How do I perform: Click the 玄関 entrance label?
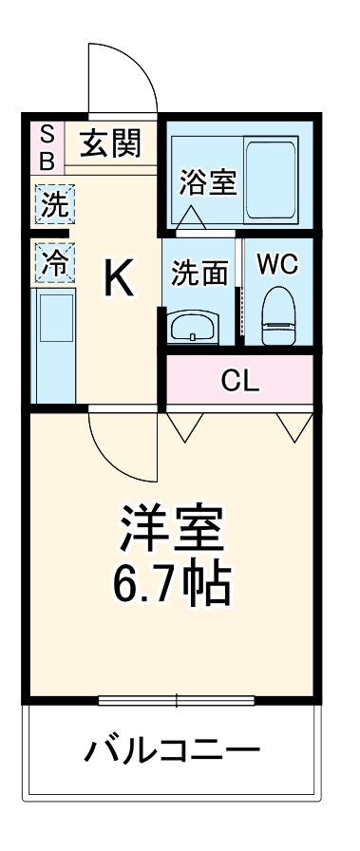click(109, 144)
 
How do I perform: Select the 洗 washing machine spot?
click(54, 203)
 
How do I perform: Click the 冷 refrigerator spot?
click(54, 262)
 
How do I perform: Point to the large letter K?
click(117, 278)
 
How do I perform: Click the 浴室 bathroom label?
click(207, 181)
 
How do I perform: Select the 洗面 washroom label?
click(199, 273)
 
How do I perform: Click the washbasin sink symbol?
click(195, 329)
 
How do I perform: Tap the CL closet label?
click(240, 382)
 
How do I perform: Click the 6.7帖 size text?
click(172, 585)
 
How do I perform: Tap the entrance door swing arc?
click(122, 76)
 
